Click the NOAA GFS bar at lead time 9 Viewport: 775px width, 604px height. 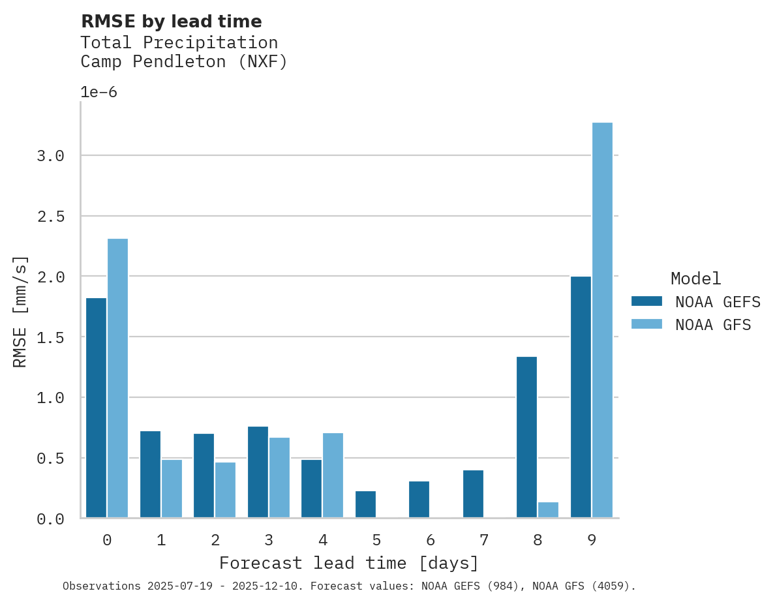click(602, 320)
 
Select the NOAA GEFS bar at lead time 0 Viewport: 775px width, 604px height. click(96, 408)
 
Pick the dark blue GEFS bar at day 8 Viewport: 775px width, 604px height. click(526, 437)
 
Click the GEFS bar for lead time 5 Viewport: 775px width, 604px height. click(365, 504)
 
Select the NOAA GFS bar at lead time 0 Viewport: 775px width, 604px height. click(117, 378)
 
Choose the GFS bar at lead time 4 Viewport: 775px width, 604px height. click(333, 476)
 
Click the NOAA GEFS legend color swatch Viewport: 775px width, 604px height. click(646, 301)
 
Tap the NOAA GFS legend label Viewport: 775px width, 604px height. click(713, 324)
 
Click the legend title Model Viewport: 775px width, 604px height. click(695, 279)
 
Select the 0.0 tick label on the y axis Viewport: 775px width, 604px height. click(50, 519)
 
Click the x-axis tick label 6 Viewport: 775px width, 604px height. click(430, 540)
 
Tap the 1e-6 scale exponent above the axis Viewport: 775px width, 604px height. click(99, 92)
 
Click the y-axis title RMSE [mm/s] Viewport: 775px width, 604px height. click(20, 311)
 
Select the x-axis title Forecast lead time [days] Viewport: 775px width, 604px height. click(349, 563)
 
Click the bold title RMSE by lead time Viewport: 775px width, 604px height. click(171, 22)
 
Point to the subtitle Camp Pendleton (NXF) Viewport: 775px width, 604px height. click(184, 62)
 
